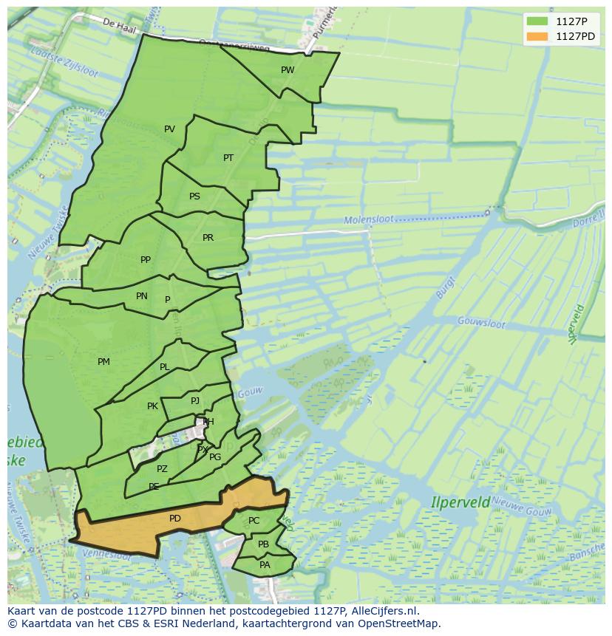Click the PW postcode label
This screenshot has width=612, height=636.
point(288,70)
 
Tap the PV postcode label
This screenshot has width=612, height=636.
point(169,129)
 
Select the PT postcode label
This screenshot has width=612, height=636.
point(228,158)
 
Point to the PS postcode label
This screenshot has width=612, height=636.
point(194,196)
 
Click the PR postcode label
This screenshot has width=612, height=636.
point(208,238)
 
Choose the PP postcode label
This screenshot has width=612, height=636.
point(146,260)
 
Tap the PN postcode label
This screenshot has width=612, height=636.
point(142,296)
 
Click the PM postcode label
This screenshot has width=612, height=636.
point(103,362)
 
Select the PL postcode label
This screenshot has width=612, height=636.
point(164,367)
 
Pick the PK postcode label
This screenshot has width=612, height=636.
point(152,406)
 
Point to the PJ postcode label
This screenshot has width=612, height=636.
point(195,401)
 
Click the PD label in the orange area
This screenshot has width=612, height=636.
point(174,519)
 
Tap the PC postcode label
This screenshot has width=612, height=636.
point(254,521)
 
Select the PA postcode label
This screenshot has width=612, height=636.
point(265,565)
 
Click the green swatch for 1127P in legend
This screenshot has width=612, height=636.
point(537,21)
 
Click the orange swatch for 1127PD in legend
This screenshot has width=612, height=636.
point(537,36)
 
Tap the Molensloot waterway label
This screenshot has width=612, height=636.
point(369,219)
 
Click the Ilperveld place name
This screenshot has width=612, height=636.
point(460,502)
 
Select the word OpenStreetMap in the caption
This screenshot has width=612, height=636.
point(399,623)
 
